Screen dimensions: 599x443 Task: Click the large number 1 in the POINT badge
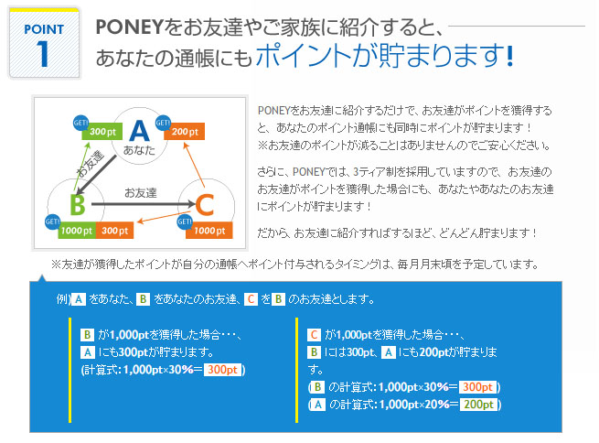pyautogui.click(x=43, y=54)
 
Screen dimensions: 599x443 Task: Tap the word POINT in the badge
pyautogui.click(x=44, y=29)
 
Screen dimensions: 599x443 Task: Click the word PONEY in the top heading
pyautogui.click(x=130, y=27)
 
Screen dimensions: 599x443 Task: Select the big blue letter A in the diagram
pyautogui.click(x=139, y=131)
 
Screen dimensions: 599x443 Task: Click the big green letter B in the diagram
pyautogui.click(x=78, y=205)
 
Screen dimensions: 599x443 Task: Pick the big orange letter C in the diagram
pyautogui.click(x=204, y=205)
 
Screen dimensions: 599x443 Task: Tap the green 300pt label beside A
pyautogui.click(x=102, y=132)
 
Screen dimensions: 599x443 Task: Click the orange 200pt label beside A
pyautogui.click(x=185, y=132)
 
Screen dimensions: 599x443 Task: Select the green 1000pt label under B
pyautogui.click(x=77, y=231)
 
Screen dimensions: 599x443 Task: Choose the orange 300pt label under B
pyautogui.click(x=114, y=231)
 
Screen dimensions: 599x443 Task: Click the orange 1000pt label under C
pyautogui.click(x=209, y=231)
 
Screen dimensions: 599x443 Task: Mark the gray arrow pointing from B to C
pyautogui.click(x=144, y=204)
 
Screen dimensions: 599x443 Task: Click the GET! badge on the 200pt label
pyautogui.click(x=163, y=123)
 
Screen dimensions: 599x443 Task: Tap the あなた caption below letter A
pyautogui.click(x=139, y=150)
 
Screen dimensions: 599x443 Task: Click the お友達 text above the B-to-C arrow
pyautogui.click(x=141, y=193)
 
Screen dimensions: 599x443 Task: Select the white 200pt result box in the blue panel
pyautogui.click(x=478, y=405)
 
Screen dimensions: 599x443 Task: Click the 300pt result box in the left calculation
pyautogui.click(x=223, y=370)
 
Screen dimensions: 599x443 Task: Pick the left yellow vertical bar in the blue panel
pyautogui.click(x=70, y=370)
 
